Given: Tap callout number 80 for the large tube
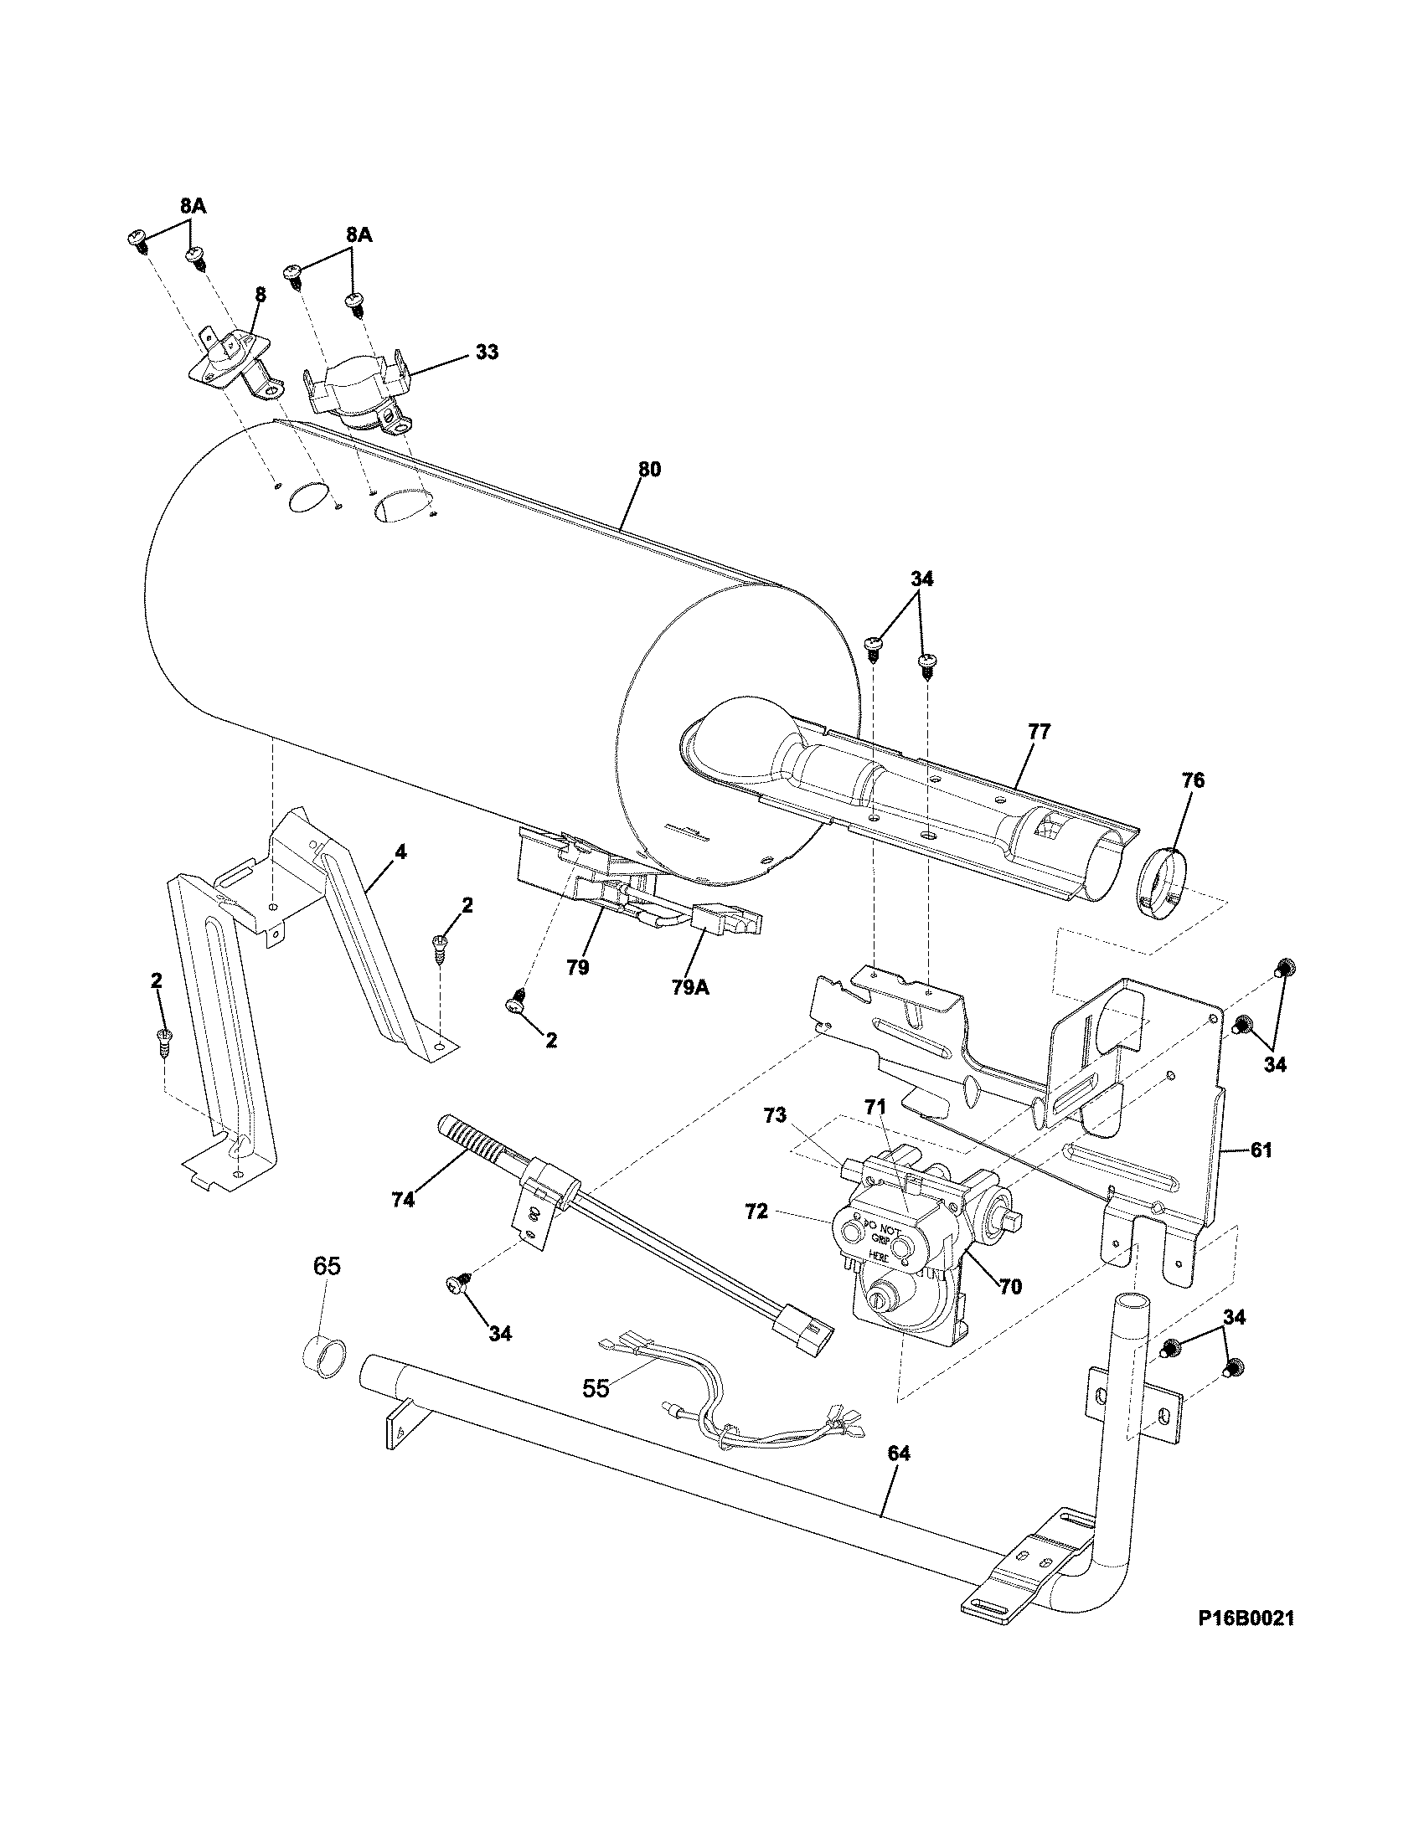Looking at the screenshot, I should click(648, 470).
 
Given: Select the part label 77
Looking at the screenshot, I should click(1039, 732).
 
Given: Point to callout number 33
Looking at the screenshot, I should click(486, 352).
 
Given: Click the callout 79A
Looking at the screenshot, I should click(690, 988).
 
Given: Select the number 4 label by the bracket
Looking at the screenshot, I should click(400, 852).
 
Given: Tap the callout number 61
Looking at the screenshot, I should click(1261, 1150).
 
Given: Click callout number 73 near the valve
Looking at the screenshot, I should click(775, 1116).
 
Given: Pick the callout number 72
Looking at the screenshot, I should click(756, 1212).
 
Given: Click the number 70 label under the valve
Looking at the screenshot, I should click(1010, 1287).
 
